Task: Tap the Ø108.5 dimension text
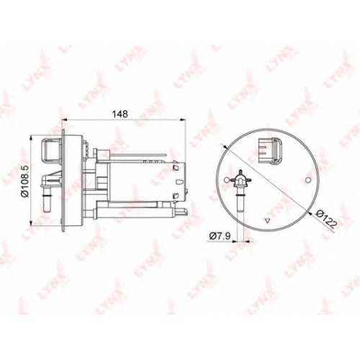click(x=25, y=181)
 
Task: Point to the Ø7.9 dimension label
click(x=220, y=236)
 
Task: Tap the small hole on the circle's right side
click(x=308, y=180)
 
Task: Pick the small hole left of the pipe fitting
click(x=226, y=180)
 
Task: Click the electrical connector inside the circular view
click(x=270, y=150)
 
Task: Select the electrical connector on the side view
click(x=52, y=150)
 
